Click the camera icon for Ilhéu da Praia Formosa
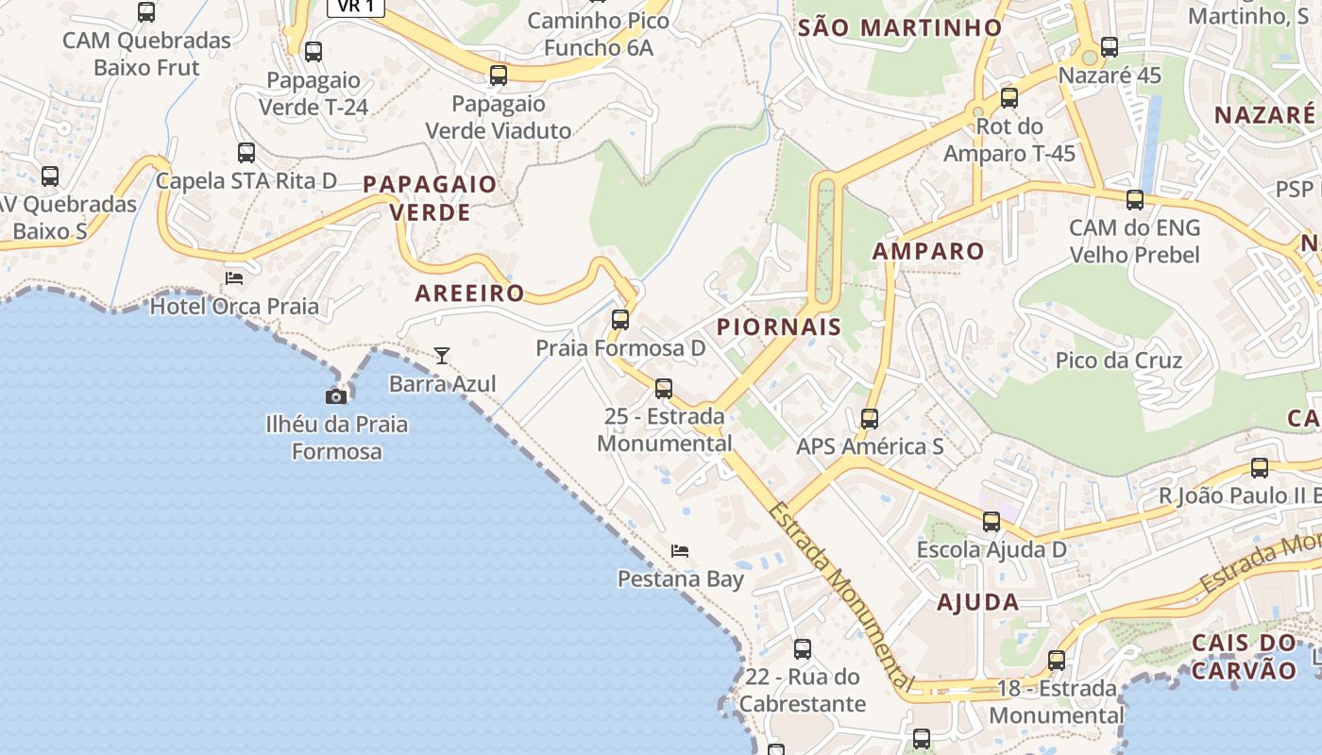[x=335, y=396]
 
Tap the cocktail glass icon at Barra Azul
[x=441, y=356]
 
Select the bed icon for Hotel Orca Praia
[x=234, y=278]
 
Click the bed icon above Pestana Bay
[x=680, y=550]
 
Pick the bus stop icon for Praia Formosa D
[x=620, y=320]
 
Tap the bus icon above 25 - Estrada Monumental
[x=664, y=388]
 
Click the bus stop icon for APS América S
[x=870, y=418]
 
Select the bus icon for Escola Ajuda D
[x=991, y=522]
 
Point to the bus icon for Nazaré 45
[x=1110, y=46]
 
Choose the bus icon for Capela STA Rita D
[x=246, y=152]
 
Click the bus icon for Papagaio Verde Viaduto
[x=499, y=75]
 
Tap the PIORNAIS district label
[x=779, y=327]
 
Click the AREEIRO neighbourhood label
[x=469, y=293]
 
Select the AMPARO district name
[x=928, y=251]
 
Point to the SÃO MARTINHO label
[x=899, y=27]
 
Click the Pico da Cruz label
[x=1119, y=361]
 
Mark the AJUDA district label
[x=977, y=602]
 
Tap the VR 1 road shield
[x=356, y=7]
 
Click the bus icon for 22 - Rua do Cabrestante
[x=803, y=649]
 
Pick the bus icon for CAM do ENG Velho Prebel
[x=1135, y=200]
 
